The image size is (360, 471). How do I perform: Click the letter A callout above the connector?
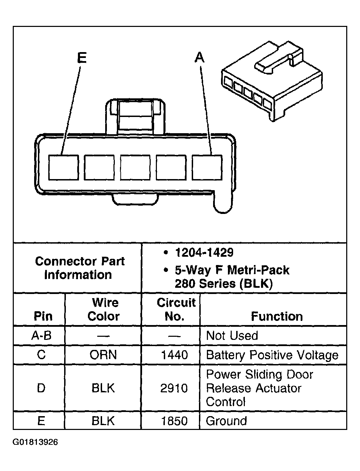199,57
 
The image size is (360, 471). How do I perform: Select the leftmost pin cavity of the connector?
63,167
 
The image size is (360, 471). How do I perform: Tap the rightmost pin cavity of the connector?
207,167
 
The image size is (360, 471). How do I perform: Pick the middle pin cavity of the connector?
135,167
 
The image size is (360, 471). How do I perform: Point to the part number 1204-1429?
204,253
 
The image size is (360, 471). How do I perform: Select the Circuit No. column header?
176,310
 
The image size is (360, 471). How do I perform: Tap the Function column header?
277,316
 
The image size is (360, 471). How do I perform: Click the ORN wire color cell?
103,355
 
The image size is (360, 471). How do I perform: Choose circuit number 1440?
174,355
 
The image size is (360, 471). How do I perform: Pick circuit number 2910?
174,388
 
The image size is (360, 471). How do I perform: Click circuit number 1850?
174,421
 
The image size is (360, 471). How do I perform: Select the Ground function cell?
227,421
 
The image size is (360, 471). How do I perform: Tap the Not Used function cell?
232,335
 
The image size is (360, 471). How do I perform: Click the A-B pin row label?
41,335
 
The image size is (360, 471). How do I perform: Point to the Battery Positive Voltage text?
272,355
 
